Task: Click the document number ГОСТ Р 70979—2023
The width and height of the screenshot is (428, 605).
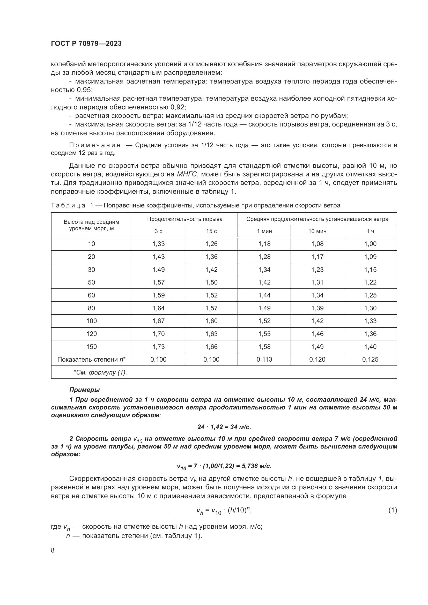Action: tap(86, 44)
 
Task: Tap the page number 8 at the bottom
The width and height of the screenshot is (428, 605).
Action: tap(53, 550)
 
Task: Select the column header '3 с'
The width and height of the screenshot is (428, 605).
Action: tap(158, 231)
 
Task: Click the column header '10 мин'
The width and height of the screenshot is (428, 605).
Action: tap(317, 231)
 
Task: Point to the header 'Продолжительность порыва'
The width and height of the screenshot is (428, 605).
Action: tap(185, 219)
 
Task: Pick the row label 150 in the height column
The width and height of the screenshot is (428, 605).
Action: tap(91, 347)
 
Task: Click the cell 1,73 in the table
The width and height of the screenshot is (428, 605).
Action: tap(158, 347)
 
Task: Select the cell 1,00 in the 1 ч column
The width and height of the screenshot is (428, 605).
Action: tap(370, 244)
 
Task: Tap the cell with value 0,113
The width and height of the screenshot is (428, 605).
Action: tap(264, 360)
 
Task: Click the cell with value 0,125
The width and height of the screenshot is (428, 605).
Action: tap(370, 360)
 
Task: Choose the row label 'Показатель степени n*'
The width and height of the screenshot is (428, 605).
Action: tap(91, 360)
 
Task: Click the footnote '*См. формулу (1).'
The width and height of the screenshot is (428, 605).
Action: tap(100, 372)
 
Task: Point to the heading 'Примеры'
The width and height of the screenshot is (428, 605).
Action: tap(84, 390)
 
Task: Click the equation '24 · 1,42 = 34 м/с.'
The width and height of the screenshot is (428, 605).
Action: tap(224, 427)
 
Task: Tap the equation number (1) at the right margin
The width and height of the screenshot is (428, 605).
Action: tap(393, 510)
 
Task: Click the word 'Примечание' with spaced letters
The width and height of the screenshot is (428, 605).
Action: tap(95, 145)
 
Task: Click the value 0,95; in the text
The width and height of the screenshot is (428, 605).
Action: tap(85, 90)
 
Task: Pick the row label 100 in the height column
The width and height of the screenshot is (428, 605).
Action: tap(91, 321)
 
